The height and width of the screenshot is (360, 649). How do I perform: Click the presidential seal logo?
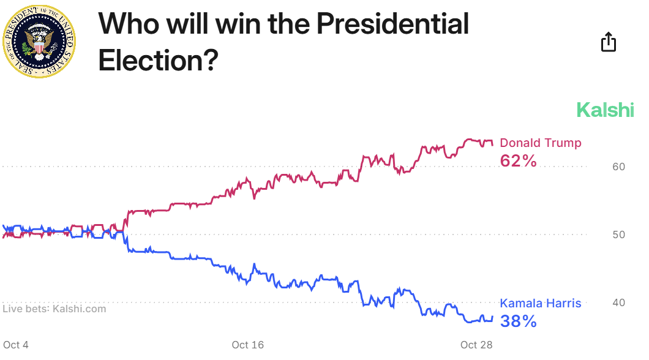[x=40, y=40]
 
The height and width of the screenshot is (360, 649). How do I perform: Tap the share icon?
[x=608, y=42]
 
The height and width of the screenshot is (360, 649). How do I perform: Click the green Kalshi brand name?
[x=605, y=110]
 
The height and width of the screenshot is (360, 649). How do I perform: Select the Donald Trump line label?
[x=541, y=143]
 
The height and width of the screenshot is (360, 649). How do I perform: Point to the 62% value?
[x=518, y=161]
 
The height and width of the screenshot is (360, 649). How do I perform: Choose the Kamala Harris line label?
[x=541, y=303]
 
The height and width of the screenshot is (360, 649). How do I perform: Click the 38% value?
[x=518, y=321]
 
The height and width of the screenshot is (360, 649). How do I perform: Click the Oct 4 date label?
[x=16, y=345]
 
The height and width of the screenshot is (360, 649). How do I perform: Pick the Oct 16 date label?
[x=248, y=345]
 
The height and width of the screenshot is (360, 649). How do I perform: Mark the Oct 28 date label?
[x=476, y=345]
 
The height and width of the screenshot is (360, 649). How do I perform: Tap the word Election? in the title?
[x=158, y=60]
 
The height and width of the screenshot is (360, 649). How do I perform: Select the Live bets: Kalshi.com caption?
[x=54, y=309]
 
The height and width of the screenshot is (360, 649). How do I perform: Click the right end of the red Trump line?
[x=492, y=144]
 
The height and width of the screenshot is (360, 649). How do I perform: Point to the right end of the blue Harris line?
[x=492, y=317]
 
